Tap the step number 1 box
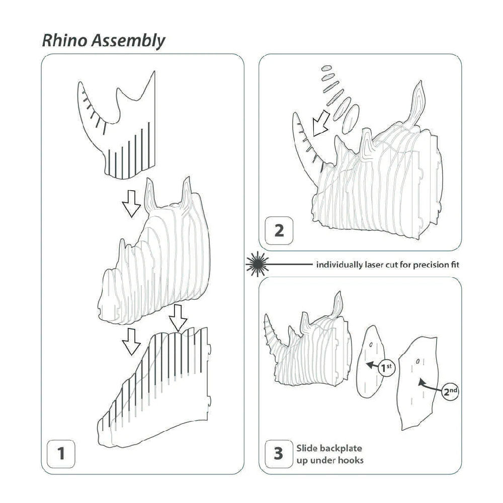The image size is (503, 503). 61,454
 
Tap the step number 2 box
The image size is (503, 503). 279,230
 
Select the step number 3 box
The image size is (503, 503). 278,453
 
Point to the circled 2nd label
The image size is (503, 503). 451,390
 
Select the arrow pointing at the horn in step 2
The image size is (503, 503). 318,123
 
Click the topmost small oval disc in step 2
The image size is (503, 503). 325,68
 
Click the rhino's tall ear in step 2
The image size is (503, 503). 418,101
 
